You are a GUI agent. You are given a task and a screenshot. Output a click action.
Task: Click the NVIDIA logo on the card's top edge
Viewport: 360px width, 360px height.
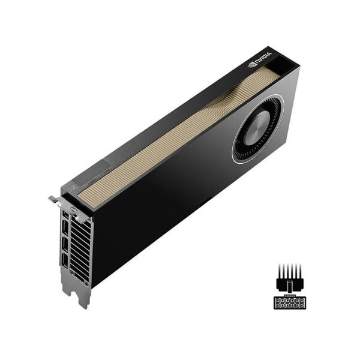[x=260, y=61]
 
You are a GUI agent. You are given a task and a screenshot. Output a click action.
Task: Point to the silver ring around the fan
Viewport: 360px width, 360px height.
[x=235, y=150]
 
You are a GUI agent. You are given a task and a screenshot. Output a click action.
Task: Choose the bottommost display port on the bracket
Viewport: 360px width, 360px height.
[x=64, y=260]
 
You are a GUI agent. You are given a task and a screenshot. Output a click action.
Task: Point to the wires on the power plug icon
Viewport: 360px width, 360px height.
[x=290, y=270]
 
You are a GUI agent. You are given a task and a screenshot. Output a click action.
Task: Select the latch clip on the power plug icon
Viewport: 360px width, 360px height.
[x=290, y=286]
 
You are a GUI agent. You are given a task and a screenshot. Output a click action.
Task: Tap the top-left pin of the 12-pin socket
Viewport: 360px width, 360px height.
[x=278, y=301]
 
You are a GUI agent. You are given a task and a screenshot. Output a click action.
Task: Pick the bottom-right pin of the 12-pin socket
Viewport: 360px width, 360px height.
[x=302, y=305]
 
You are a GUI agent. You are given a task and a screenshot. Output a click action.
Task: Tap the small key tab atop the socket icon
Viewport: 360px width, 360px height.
[x=290, y=295]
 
